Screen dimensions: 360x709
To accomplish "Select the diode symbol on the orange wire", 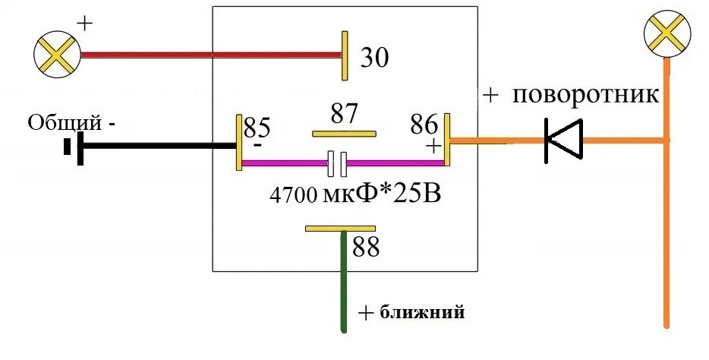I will click(x=563, y=140).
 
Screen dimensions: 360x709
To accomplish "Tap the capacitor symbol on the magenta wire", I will click(x=337, y=162).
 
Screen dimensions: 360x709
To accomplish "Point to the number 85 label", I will click(x=257, y=126).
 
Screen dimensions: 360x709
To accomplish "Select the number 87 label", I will click(x=345, y=114).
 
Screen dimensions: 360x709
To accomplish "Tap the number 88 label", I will click(x=365, y=248).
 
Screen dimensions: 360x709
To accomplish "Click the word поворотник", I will click(x=585, y=96).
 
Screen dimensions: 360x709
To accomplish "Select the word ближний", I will click(x=421, y=312).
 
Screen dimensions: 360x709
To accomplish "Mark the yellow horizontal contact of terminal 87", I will click(x=345, y=134).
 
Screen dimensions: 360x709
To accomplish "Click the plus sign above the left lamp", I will click(x=84, y=23).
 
